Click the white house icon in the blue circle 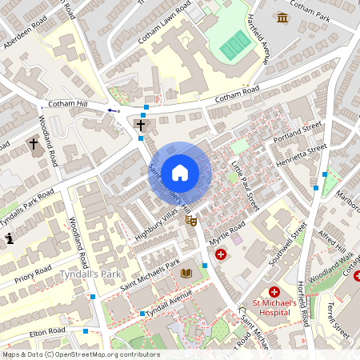(x=180, y=172)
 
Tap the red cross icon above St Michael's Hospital (x=274, y=293)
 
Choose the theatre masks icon (x=190, y=219)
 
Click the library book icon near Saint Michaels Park (x=186, y=273)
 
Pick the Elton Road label (x=46, y=330)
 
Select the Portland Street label (x=298, y=132)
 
